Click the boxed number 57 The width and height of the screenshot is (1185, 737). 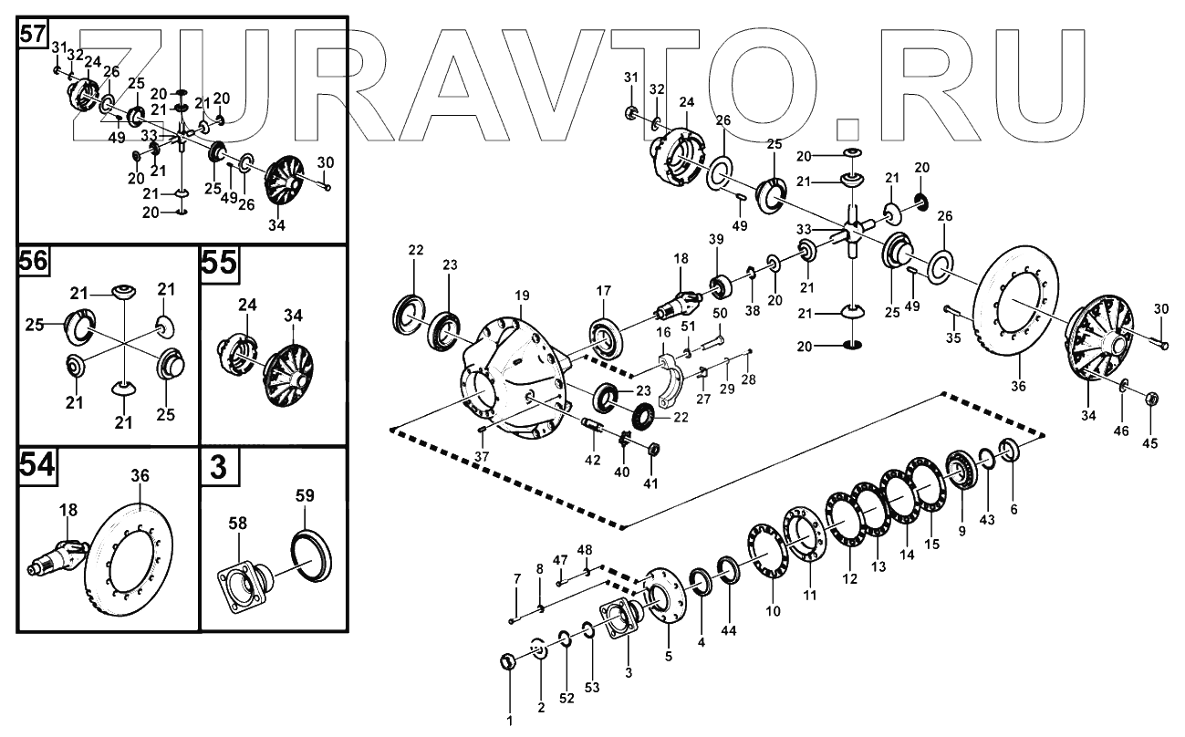pos(32,36)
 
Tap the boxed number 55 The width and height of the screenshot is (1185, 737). pos(219,263)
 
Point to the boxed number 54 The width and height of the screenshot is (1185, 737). pos(36,465)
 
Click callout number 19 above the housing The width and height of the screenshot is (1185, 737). pos(521,296)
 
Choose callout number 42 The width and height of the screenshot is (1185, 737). pos(593,461)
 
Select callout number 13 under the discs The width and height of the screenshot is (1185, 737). pos(878,567)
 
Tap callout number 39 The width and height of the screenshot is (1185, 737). pos(715,239)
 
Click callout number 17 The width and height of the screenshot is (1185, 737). pos(604,291)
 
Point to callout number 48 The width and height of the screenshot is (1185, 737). pos(585,550)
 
